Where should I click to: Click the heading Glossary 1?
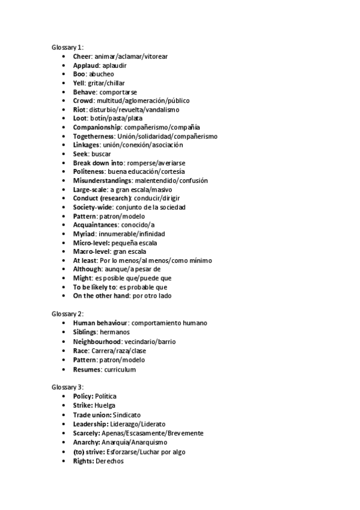point(67,48)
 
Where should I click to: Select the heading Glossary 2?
point(67,315)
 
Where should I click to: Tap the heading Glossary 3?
point(67,386)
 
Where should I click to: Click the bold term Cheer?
point(83,57)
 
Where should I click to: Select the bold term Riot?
point(80,109)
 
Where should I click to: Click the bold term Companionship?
point(97,127)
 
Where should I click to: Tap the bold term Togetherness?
point(94,137)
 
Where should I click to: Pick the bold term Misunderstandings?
point(102,180)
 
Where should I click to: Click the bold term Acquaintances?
point(96,225)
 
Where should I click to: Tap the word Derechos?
point(110,460)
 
